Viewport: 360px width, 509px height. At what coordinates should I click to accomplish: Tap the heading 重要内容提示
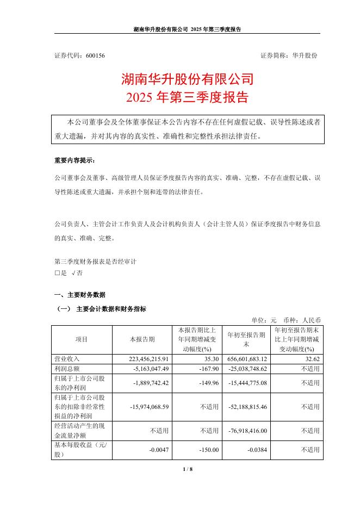pyautogui.click(x=75, y=161)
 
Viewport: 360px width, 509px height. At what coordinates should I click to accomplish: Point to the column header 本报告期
pyautogui.click(x=142, y=339)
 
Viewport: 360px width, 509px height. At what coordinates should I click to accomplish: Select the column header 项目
pyautogui.click(x=82, y=339)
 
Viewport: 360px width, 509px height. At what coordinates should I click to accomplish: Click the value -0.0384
pyautogui.click(x=256, y=449)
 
